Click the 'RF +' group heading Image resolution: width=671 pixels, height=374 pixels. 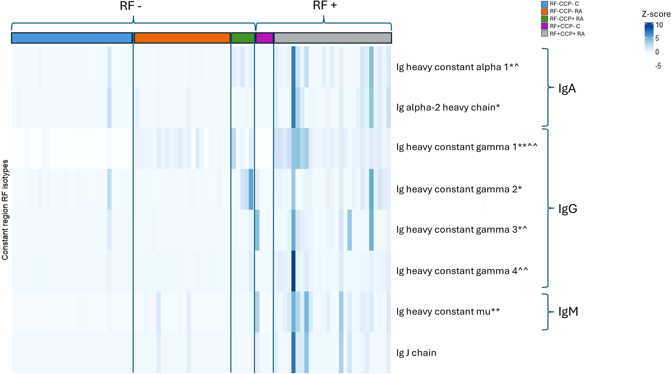pyautogui.click(x=325, y=5)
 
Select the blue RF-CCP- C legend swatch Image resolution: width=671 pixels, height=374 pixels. pyautogui.click(x=544, y=4)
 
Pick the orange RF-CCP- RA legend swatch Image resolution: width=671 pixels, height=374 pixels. pyautogui.click(x=544, y=11)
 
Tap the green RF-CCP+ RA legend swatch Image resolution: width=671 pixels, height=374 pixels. pyautogui.click(x=544, y=19)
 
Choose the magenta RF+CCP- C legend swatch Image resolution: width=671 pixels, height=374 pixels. pyautogui.click(x=544, y=26)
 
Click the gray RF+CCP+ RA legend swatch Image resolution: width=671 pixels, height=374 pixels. pyautogui.click(x=544, y=34)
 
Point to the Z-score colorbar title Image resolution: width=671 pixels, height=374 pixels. pyautogui.click(x=656, y=14)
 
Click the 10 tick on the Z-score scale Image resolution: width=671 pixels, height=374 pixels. pyautogui.click(x=659, y=25)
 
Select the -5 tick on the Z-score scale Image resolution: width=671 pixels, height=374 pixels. pyautogui.click(x=658, y=66)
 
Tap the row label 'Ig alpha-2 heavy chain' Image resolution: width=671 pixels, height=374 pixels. pyautogui.click(x=448, y=107)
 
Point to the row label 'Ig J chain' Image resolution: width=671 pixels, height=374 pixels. pyautogui.click(x=416, y=353)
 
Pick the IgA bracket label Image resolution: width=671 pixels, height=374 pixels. pyautogui.click(x=567, y=89)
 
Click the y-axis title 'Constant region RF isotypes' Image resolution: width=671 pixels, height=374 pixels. pyautogui.click(x=5, y=210)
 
